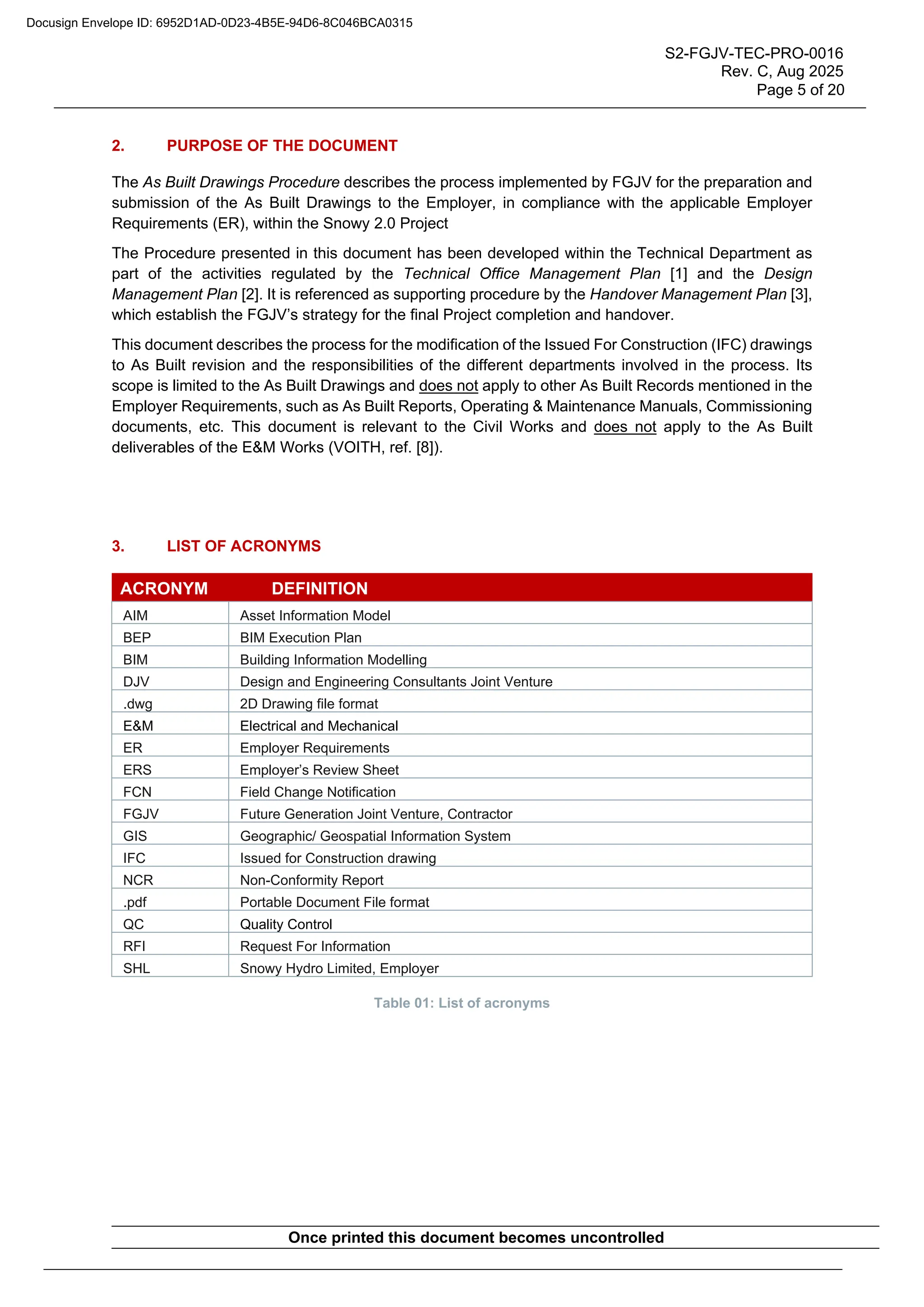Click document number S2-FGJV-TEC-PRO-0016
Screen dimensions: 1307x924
coord(753,54)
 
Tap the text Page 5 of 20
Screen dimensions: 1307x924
coord(799,90)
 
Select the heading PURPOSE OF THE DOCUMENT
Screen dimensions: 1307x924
coord(282,146)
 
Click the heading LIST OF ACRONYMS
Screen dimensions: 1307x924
coord(244,546)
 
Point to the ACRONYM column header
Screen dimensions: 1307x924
coord(164,588)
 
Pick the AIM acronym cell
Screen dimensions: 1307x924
coord(135,615)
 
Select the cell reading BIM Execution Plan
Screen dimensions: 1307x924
coord(300,638)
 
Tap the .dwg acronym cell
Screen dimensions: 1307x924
coord(138,704)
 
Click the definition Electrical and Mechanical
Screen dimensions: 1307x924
coord(319,726)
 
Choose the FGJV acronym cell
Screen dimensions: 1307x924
coord(140,814)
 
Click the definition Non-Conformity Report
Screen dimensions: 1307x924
coord(311,880)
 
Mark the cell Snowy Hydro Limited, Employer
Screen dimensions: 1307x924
coord(339,969)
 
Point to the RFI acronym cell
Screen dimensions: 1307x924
coord(134,946)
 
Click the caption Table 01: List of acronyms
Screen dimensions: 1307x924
coord(462,1003)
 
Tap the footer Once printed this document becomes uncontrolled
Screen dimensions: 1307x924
coord(476,1237)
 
